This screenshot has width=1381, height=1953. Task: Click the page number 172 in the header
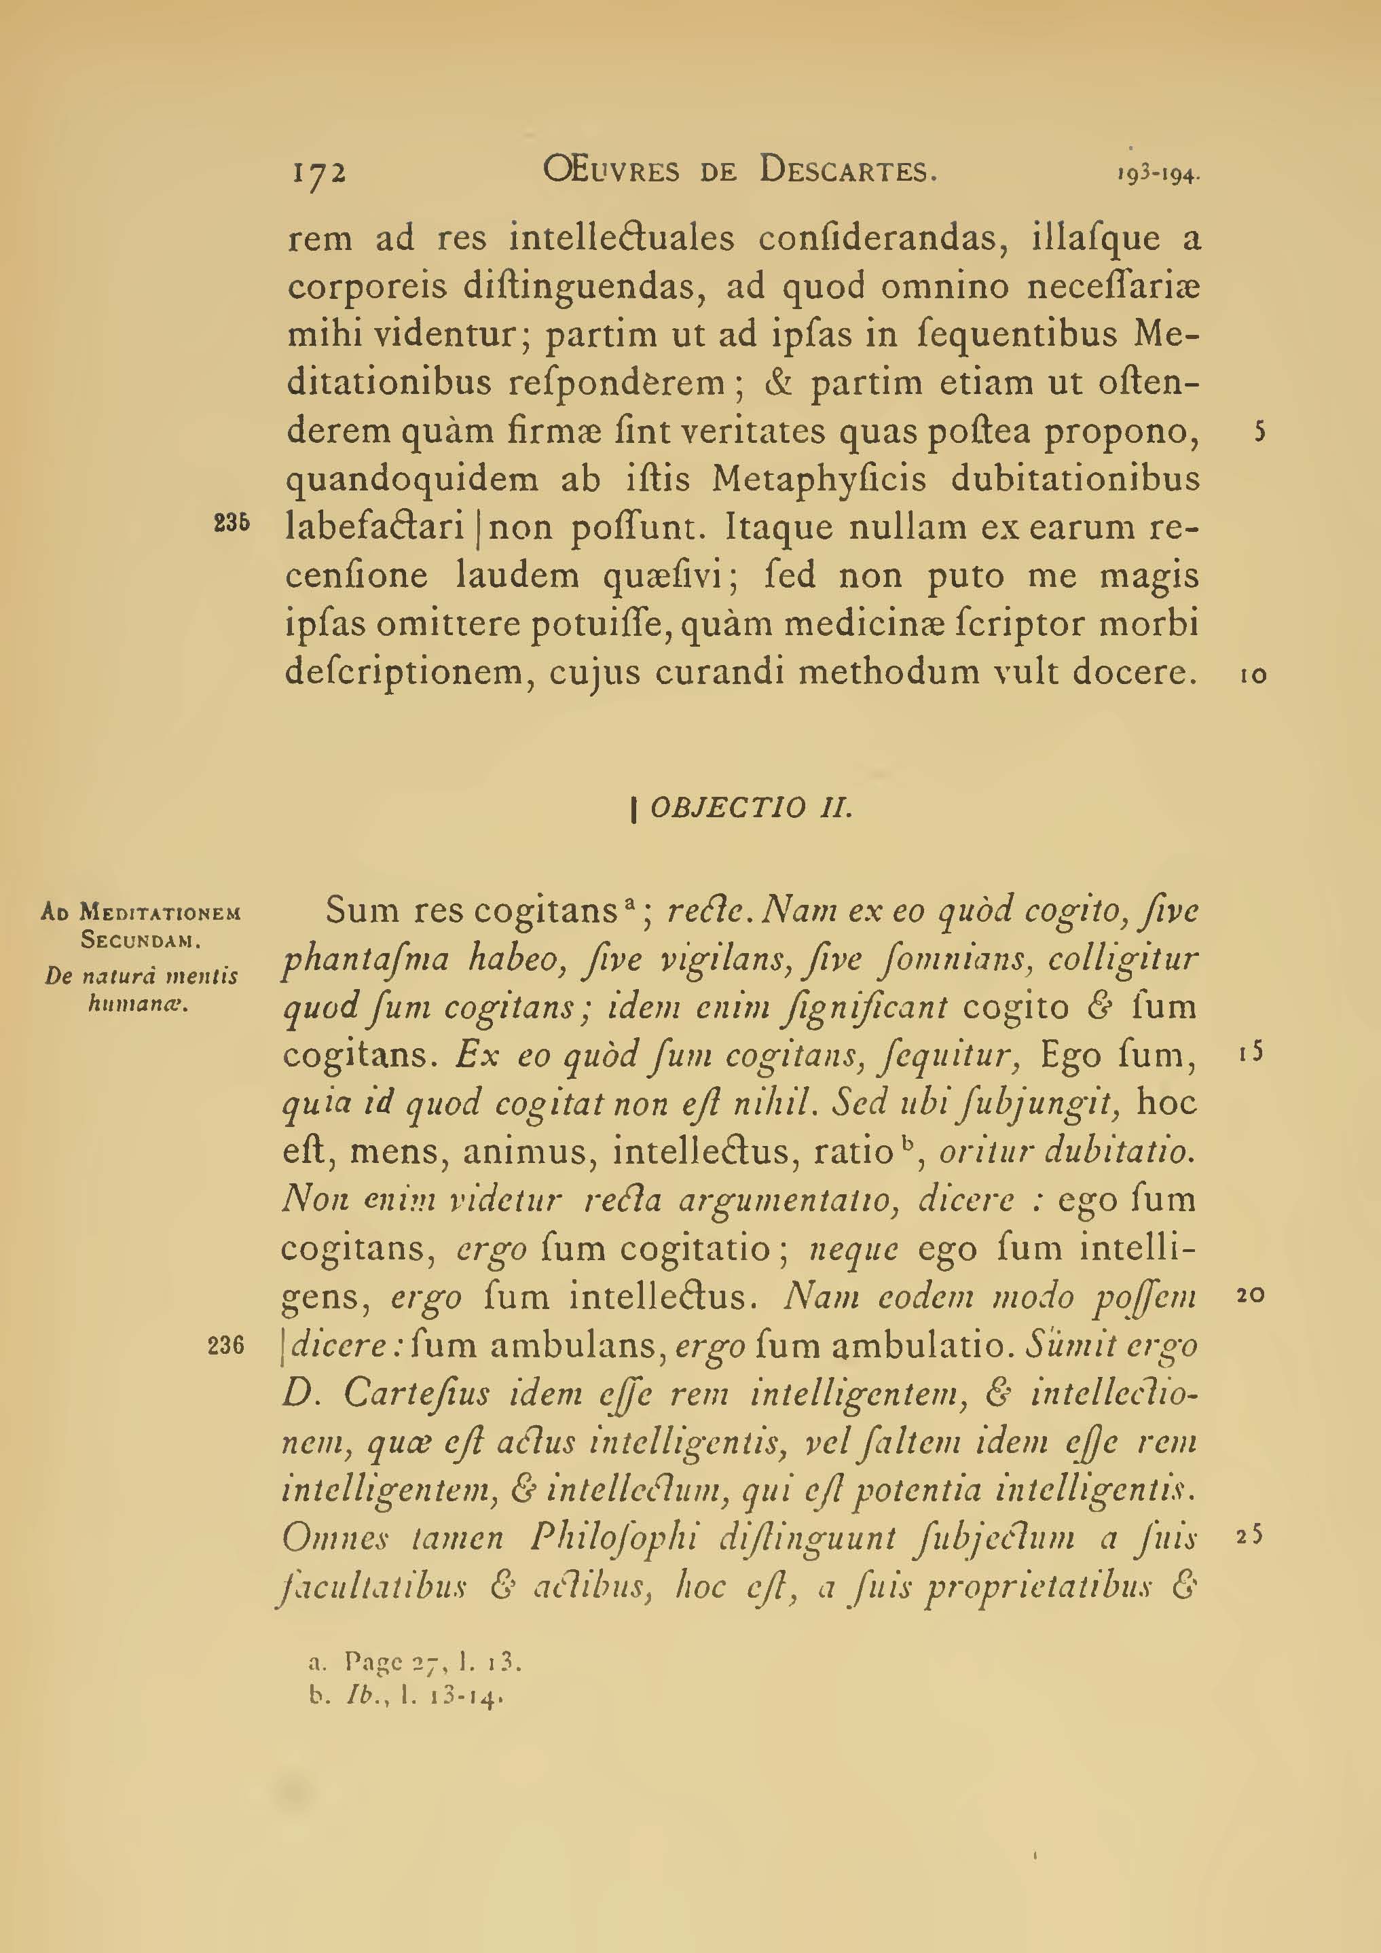pyautogui.click(x=319, y=173)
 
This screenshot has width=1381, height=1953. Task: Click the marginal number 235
pyautogui.click(x=232, y=525)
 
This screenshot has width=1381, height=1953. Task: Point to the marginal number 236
pyautogui.click(x=226, y=1345)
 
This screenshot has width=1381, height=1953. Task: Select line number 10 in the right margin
pyautogui.click(x=1253, y=675)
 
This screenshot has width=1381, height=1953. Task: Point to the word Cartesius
pyautogui.click(x=418, y=1393)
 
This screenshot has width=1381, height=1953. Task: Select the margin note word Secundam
pyautogui.click(x=141, y=942)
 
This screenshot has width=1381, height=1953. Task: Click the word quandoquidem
pyautogui.click(x=412, y=480)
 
